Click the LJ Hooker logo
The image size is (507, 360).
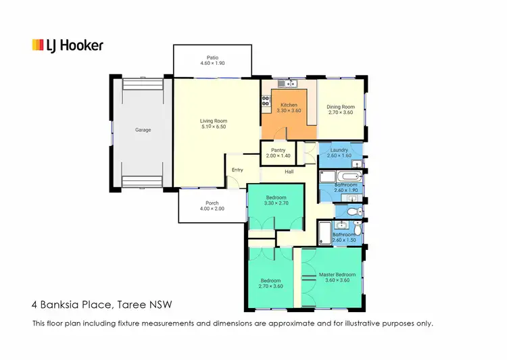(68, 45)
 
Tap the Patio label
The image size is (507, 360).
(213, 57)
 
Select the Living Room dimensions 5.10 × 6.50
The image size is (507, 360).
(213, 127)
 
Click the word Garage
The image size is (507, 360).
(143, 130)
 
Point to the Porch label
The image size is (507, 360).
(212, 203)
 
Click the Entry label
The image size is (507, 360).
(237, 170)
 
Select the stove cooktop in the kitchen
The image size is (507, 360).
(266, 103)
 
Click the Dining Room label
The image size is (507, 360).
(340, 107)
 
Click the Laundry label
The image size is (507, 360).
(339, 150)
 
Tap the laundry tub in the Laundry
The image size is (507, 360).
(356, 164)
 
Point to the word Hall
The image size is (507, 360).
(289, 172)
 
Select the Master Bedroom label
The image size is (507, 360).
(337, 274)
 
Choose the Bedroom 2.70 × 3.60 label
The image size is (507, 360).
(270, 280)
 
